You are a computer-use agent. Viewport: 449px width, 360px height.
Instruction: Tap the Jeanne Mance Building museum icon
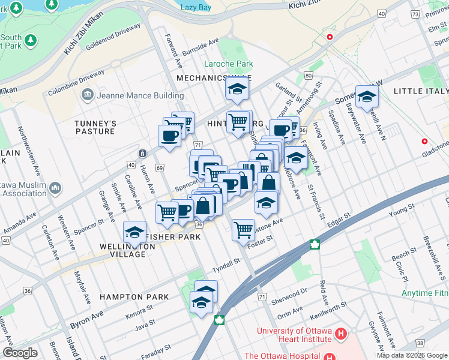(88, 95)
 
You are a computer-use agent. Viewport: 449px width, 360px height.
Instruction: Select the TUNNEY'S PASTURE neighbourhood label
(95, 127)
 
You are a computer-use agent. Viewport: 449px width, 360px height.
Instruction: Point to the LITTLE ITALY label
(421, 91)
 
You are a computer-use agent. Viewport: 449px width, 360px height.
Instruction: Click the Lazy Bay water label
(196, 7)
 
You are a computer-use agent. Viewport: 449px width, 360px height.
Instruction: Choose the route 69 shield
(160, 169)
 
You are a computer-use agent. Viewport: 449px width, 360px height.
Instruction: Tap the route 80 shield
(309, 76)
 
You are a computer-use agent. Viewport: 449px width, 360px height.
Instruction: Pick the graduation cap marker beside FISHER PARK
(135, 232)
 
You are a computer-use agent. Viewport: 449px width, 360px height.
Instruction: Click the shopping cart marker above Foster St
(243, 229)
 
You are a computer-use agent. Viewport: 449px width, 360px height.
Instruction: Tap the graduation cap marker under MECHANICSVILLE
(237, 89)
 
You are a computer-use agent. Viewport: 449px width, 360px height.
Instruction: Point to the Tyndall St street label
(225, 261)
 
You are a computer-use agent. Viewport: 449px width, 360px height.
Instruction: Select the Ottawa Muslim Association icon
(55, 188)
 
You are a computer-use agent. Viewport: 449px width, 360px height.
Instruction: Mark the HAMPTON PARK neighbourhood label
(130, 297)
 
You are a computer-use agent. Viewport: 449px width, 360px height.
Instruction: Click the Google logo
(20, 353)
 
